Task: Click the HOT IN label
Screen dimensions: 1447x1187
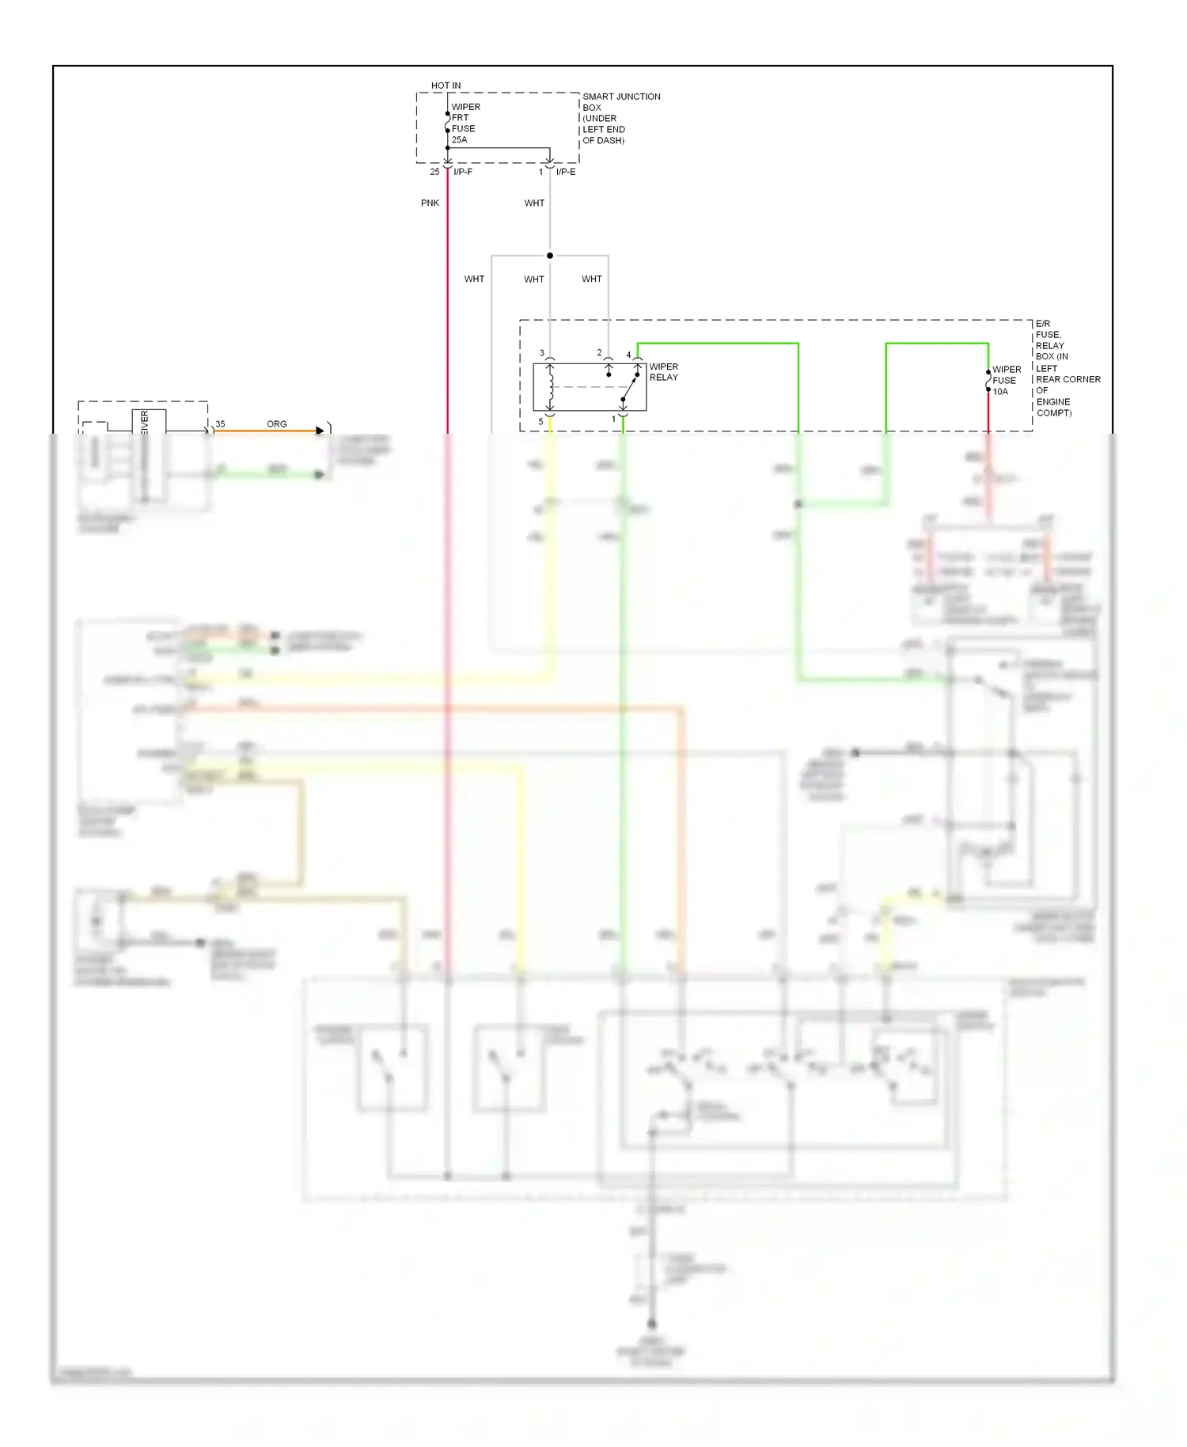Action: click(446, 85)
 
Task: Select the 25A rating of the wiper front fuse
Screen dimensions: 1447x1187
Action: click(459, 140)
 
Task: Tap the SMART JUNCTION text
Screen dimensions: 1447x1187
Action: click(621, 97)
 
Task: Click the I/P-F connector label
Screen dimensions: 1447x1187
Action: click(463, 172)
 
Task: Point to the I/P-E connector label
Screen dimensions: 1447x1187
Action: click(566, 172)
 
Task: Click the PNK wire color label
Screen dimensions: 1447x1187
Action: click(430, 203)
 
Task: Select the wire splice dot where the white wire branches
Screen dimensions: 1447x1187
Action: click(550, 256)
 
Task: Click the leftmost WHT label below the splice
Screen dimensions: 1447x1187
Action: click(474, 279)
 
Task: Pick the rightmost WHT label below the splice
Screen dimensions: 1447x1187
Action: click(592, 279)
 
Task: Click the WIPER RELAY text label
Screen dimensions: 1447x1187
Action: click(663, 372)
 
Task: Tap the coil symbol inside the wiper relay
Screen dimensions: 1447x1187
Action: click(550, 386)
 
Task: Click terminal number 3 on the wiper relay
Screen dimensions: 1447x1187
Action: click(542, 353)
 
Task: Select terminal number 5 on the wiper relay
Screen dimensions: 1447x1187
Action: click(541, 422)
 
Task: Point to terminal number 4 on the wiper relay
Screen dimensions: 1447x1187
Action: click(629, 355)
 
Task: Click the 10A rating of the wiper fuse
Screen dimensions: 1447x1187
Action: click(1000, 392)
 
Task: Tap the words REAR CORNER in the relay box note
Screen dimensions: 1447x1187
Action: click(1068, 380)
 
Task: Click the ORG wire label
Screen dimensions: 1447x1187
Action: click(277, 424)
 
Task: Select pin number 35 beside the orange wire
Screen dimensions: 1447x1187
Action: click(220, 424)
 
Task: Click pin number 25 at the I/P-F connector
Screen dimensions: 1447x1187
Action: click(434, 172)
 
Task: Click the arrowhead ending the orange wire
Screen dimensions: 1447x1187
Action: click(320, 431)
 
